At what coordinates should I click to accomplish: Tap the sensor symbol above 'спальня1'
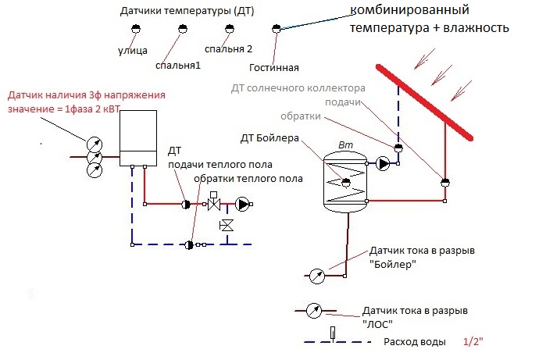point(182,29)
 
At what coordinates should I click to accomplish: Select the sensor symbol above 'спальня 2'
point(229,29)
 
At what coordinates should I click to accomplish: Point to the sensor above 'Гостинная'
point(275,29)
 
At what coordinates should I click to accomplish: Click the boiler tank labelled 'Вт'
point(344,181)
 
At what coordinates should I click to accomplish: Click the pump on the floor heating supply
point(242,205)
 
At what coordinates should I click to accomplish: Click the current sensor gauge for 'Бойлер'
point(316,275)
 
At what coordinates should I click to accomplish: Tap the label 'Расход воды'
point(415,343)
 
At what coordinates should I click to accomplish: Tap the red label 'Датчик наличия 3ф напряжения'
point(86,95)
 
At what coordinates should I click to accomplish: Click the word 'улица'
point(132,50)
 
